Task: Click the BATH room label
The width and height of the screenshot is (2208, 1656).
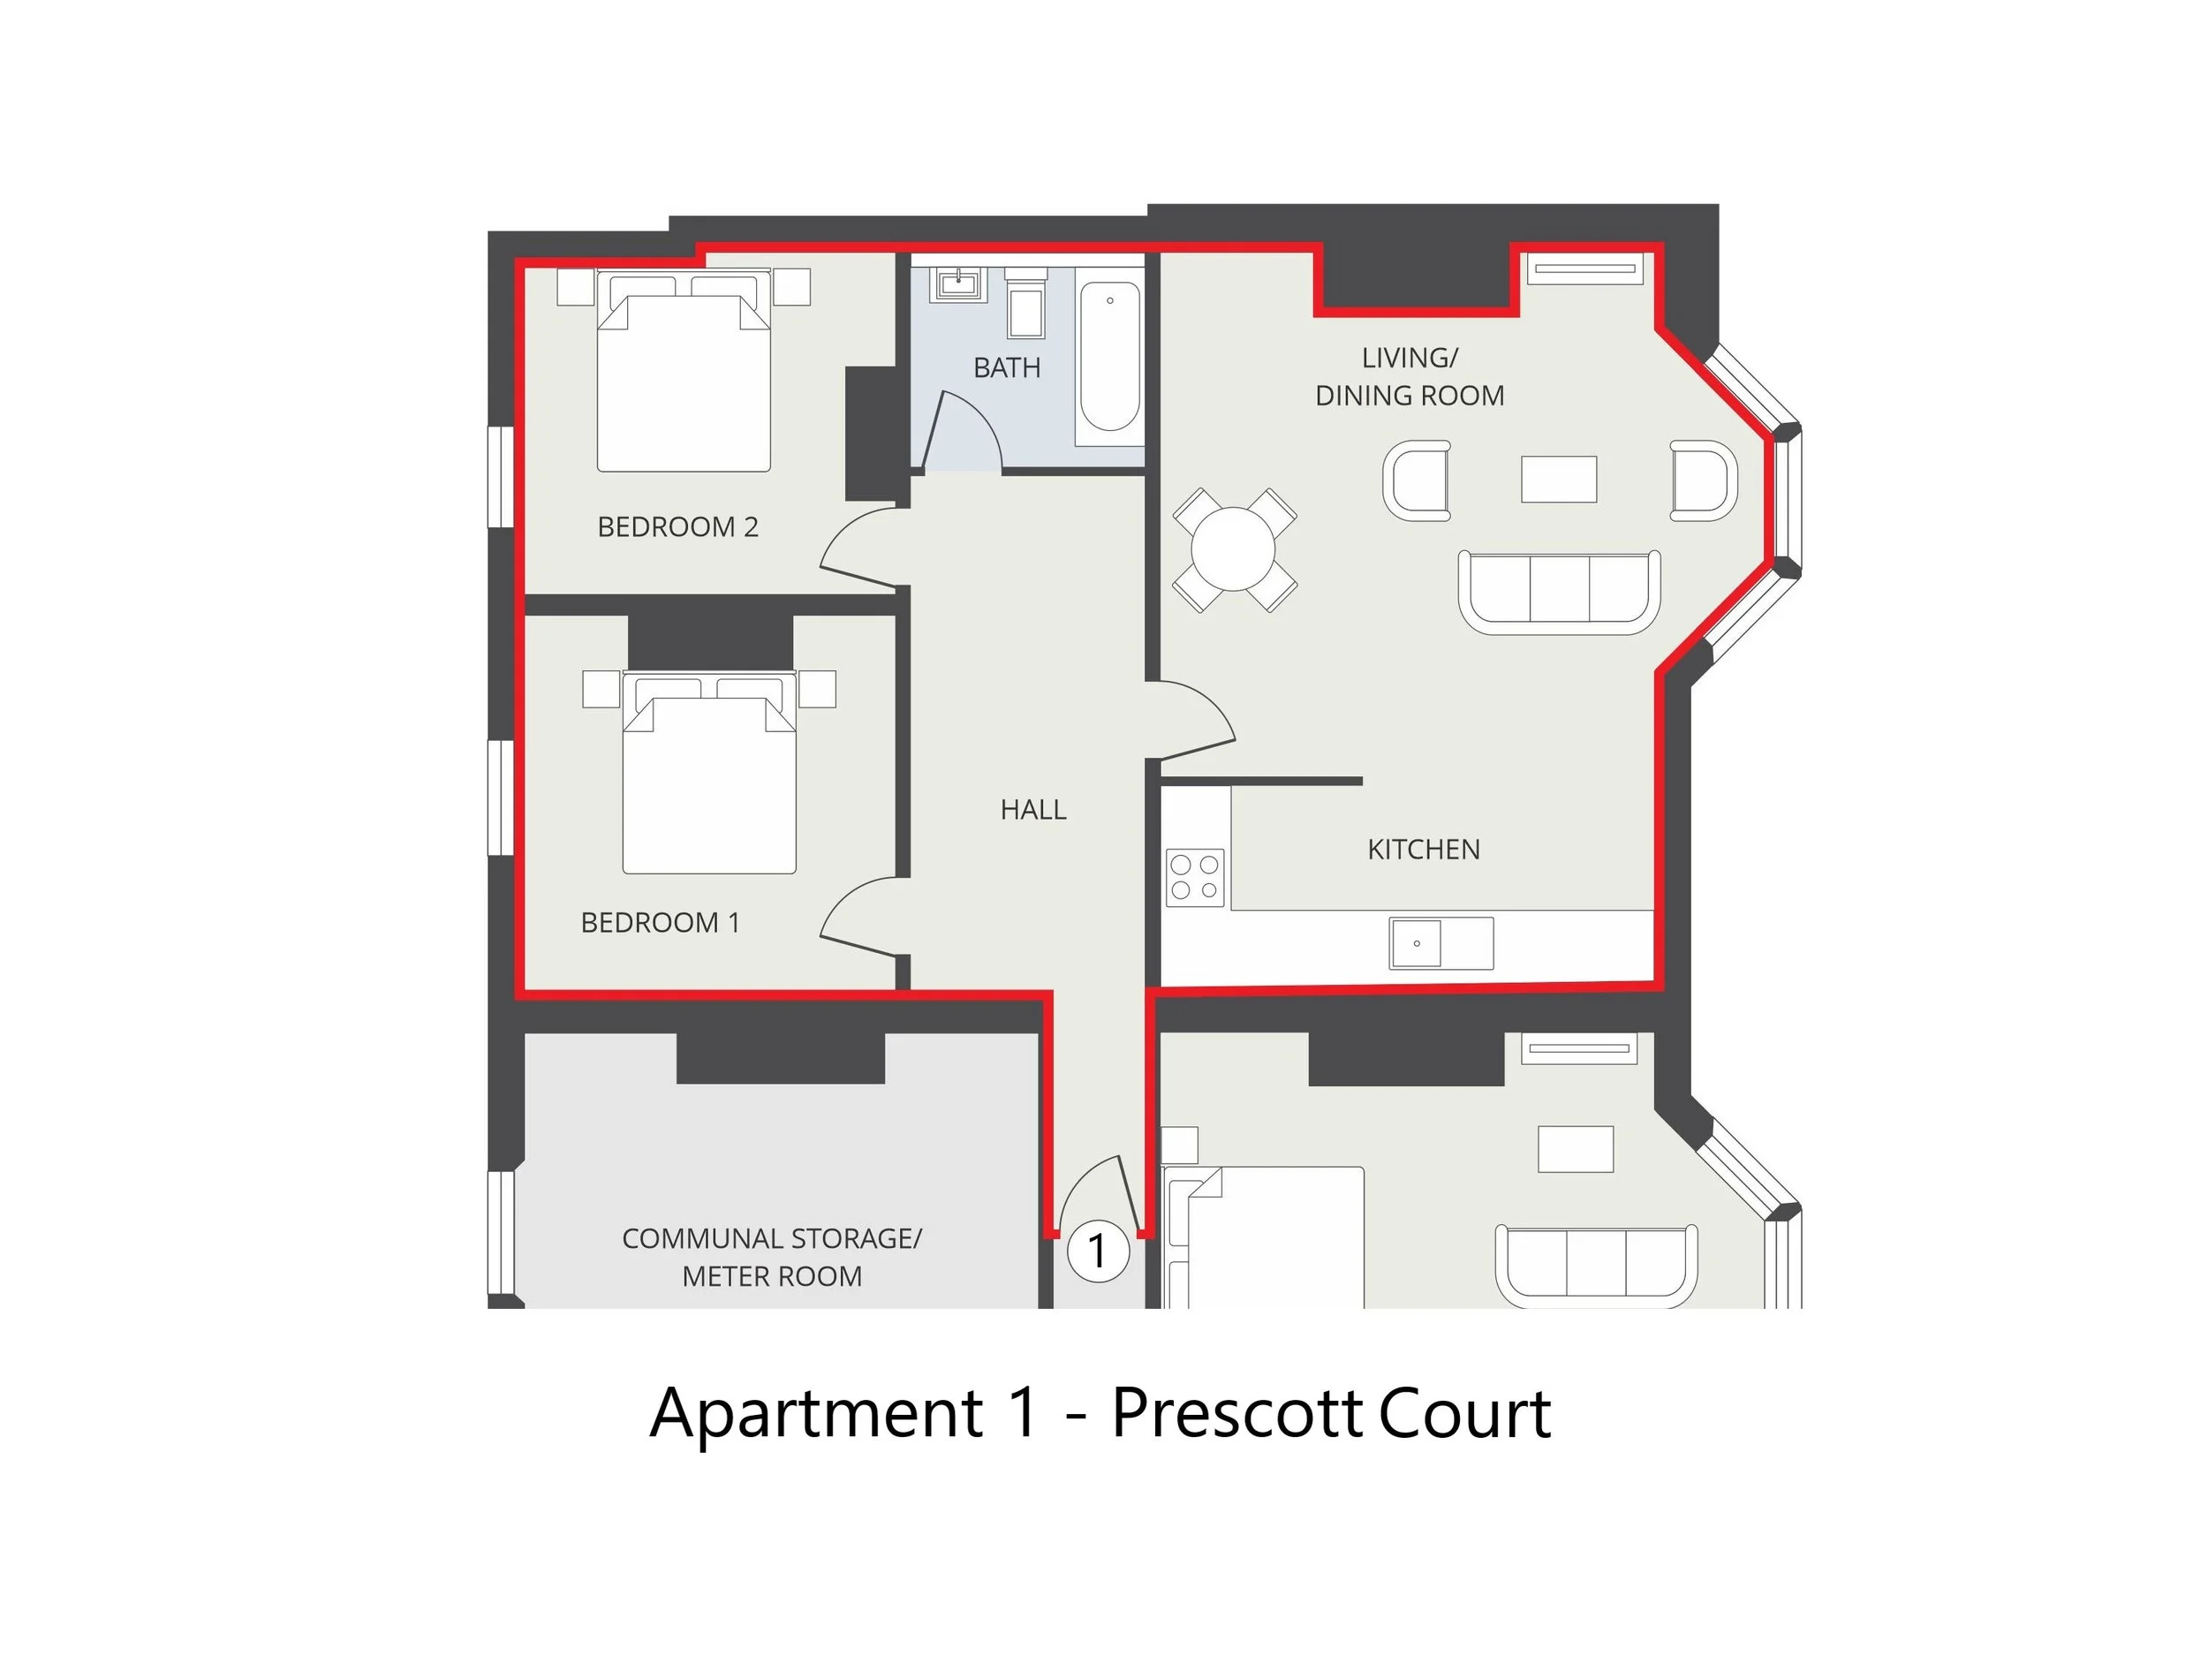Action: coord(1006,367)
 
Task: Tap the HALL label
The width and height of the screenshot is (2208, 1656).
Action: coord(1033,810)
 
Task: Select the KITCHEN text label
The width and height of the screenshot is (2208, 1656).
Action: coord(1423,850)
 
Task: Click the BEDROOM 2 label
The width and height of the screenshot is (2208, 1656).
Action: coord(677,527)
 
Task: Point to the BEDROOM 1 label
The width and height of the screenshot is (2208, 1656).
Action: coord(660,922)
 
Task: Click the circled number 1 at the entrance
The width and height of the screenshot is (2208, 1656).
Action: coord(1098,1251)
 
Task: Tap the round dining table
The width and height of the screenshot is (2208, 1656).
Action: coord(1234,549)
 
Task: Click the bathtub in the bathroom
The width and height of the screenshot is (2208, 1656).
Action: coord(1109,358)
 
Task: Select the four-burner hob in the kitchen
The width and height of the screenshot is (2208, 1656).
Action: coord(1195,877)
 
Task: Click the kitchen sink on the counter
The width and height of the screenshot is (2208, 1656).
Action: coord(1416,943)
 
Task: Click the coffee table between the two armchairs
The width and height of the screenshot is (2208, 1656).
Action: coord(1558,479)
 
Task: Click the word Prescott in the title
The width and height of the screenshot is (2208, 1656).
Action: coord(1236,1412)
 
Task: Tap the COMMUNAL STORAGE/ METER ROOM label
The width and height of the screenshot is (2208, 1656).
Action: coord(772,1257)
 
